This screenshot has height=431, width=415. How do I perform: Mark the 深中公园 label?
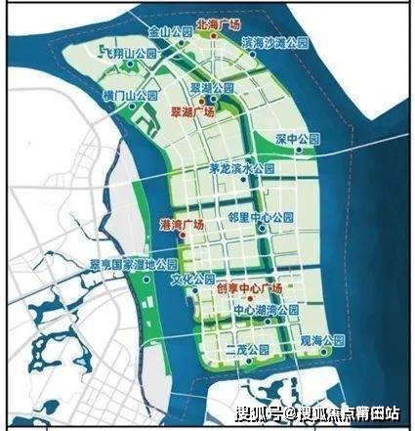coord(295,137)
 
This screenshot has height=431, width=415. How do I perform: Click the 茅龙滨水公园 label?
coord(243,167)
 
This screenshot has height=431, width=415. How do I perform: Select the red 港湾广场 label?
coord(181,224)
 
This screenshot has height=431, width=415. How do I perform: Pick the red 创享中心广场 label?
coord(249,288)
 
